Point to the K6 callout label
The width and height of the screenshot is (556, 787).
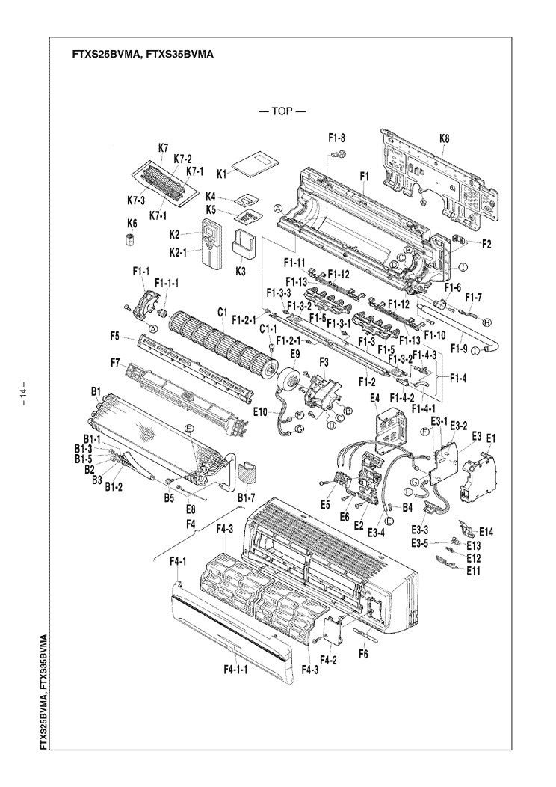(x=132, y=224)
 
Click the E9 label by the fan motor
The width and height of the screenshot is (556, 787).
(x=294, y=353)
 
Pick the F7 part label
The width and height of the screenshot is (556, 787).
(x=116, y=363)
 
